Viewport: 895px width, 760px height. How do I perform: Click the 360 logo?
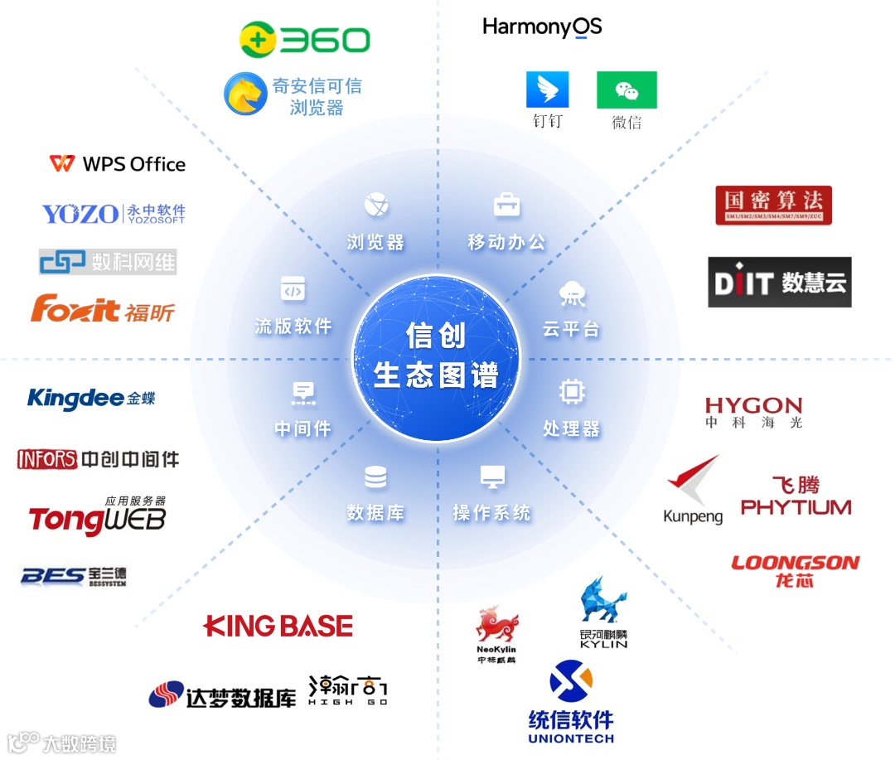click(x=304, y=40)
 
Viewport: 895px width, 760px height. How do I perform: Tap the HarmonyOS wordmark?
click(x=542, y=27)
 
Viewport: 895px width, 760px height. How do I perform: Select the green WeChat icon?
click(x=626, y=90)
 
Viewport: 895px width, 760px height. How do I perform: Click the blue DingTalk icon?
click(x=548, y=90)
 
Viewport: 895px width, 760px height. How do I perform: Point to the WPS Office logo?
click(x=118, y=163)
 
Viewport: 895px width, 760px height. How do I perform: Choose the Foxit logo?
click(x=103, y=309)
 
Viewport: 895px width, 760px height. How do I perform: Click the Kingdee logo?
click(x=91, y=398)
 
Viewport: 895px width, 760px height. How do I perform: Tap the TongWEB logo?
click(x=97, y=519)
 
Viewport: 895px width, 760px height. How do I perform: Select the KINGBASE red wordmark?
click(x=278, y=626)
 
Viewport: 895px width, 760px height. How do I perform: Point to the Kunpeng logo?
click(x=694, y=490)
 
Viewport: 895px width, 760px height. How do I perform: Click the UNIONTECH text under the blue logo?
click(x=571, y=738)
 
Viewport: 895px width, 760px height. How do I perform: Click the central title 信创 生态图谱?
click(x=436, y=356)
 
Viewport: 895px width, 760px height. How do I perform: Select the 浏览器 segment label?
click(x=375, y=242)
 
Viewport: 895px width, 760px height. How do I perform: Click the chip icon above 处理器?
click(x=572, y=391)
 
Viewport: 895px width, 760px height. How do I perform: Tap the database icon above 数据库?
click(x=375, y=477)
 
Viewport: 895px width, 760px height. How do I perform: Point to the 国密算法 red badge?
click(x=773, y=205)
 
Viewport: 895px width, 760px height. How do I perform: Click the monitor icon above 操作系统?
click(x=492, y=477)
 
